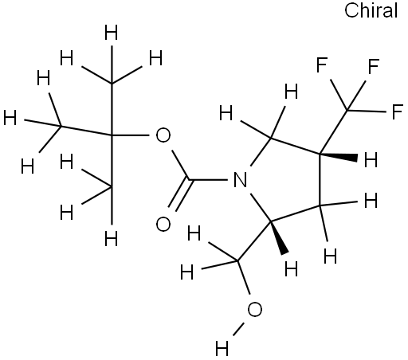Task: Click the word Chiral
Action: point(371,11)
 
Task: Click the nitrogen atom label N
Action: point(240,180)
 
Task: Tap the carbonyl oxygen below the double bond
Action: point(163,225)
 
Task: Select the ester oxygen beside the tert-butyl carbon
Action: point(163,135)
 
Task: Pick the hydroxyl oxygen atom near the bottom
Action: point(255,310)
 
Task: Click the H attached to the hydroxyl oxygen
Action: point(222,348)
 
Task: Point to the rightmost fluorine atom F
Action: point(398,112)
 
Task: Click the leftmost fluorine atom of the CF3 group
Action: point(322,65)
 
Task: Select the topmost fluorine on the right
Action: point(374,66)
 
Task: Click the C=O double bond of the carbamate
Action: point(179,194)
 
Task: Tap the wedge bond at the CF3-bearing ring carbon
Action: point(339,156)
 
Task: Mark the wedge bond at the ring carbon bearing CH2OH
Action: point(279,237)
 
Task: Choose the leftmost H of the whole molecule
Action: point(10,118)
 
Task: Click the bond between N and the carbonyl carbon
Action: point(209,180)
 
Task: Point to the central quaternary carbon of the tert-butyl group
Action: point(112,135)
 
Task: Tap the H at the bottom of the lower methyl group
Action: point(111,238)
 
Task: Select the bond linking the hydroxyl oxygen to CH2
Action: point(244,277)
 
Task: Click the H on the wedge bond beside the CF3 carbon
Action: point(371,159)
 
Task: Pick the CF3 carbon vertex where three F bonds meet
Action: point(347,110)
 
